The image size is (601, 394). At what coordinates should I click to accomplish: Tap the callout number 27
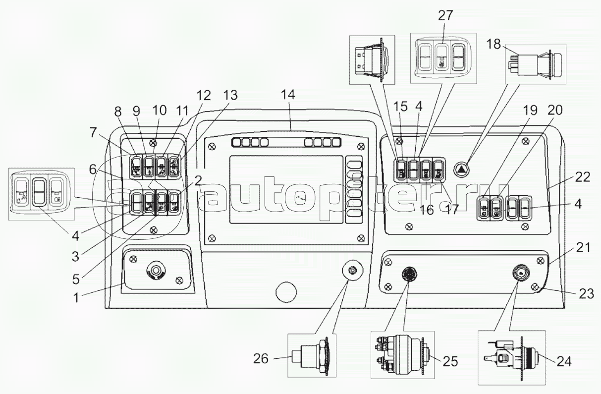coord(445,15)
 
